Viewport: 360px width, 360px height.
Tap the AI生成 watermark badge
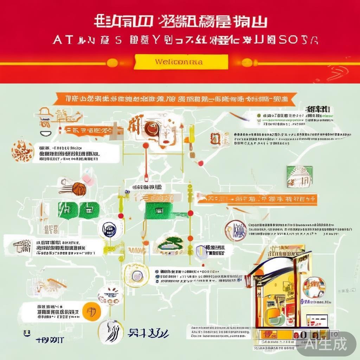(326, 343)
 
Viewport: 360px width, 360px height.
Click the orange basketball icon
(79, 189)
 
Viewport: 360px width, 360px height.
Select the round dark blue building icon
(109, 229)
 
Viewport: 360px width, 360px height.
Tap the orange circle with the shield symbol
(92, 311)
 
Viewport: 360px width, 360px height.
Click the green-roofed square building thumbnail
(299, 176)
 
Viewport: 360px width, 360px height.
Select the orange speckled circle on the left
(22, 151)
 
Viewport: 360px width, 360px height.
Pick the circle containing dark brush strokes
(110, 332)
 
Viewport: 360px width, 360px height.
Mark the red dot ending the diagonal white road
(200, 163)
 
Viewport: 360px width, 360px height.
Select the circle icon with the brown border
(235, 231)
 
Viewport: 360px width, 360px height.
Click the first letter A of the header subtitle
(57, 40)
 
